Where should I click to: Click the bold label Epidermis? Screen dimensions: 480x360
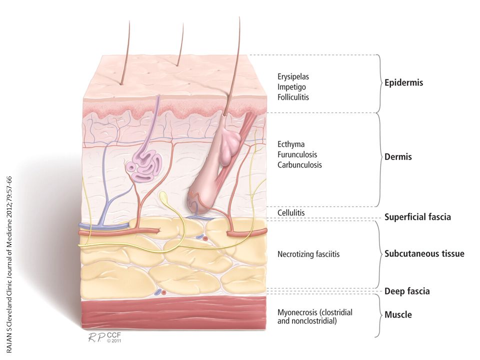point(404,83)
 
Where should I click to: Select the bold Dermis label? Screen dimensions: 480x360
point(398,157)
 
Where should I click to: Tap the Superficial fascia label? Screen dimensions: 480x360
point(417,217)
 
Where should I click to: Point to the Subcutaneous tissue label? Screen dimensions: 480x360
point(424,254)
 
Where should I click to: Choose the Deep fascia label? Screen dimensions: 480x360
point(407,291)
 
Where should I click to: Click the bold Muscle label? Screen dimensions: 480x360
point(398,314)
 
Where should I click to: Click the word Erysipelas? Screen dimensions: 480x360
point(293,76)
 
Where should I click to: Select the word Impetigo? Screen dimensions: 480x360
point(291,87)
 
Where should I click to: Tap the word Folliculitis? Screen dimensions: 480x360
point(293,97)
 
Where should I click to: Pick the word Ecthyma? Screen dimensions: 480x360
point(291,144)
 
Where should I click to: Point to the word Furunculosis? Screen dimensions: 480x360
point(297,154)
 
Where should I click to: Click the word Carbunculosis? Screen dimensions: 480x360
point(299,165)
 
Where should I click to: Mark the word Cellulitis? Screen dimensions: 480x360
point(291,213)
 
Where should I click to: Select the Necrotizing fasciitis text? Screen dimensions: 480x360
point(308,254)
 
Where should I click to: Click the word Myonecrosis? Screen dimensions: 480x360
point(297,312)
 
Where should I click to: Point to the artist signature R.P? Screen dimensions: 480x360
point(96,337)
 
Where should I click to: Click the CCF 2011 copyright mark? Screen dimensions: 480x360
point(114,337)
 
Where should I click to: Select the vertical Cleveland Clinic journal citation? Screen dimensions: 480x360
point(9,265)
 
